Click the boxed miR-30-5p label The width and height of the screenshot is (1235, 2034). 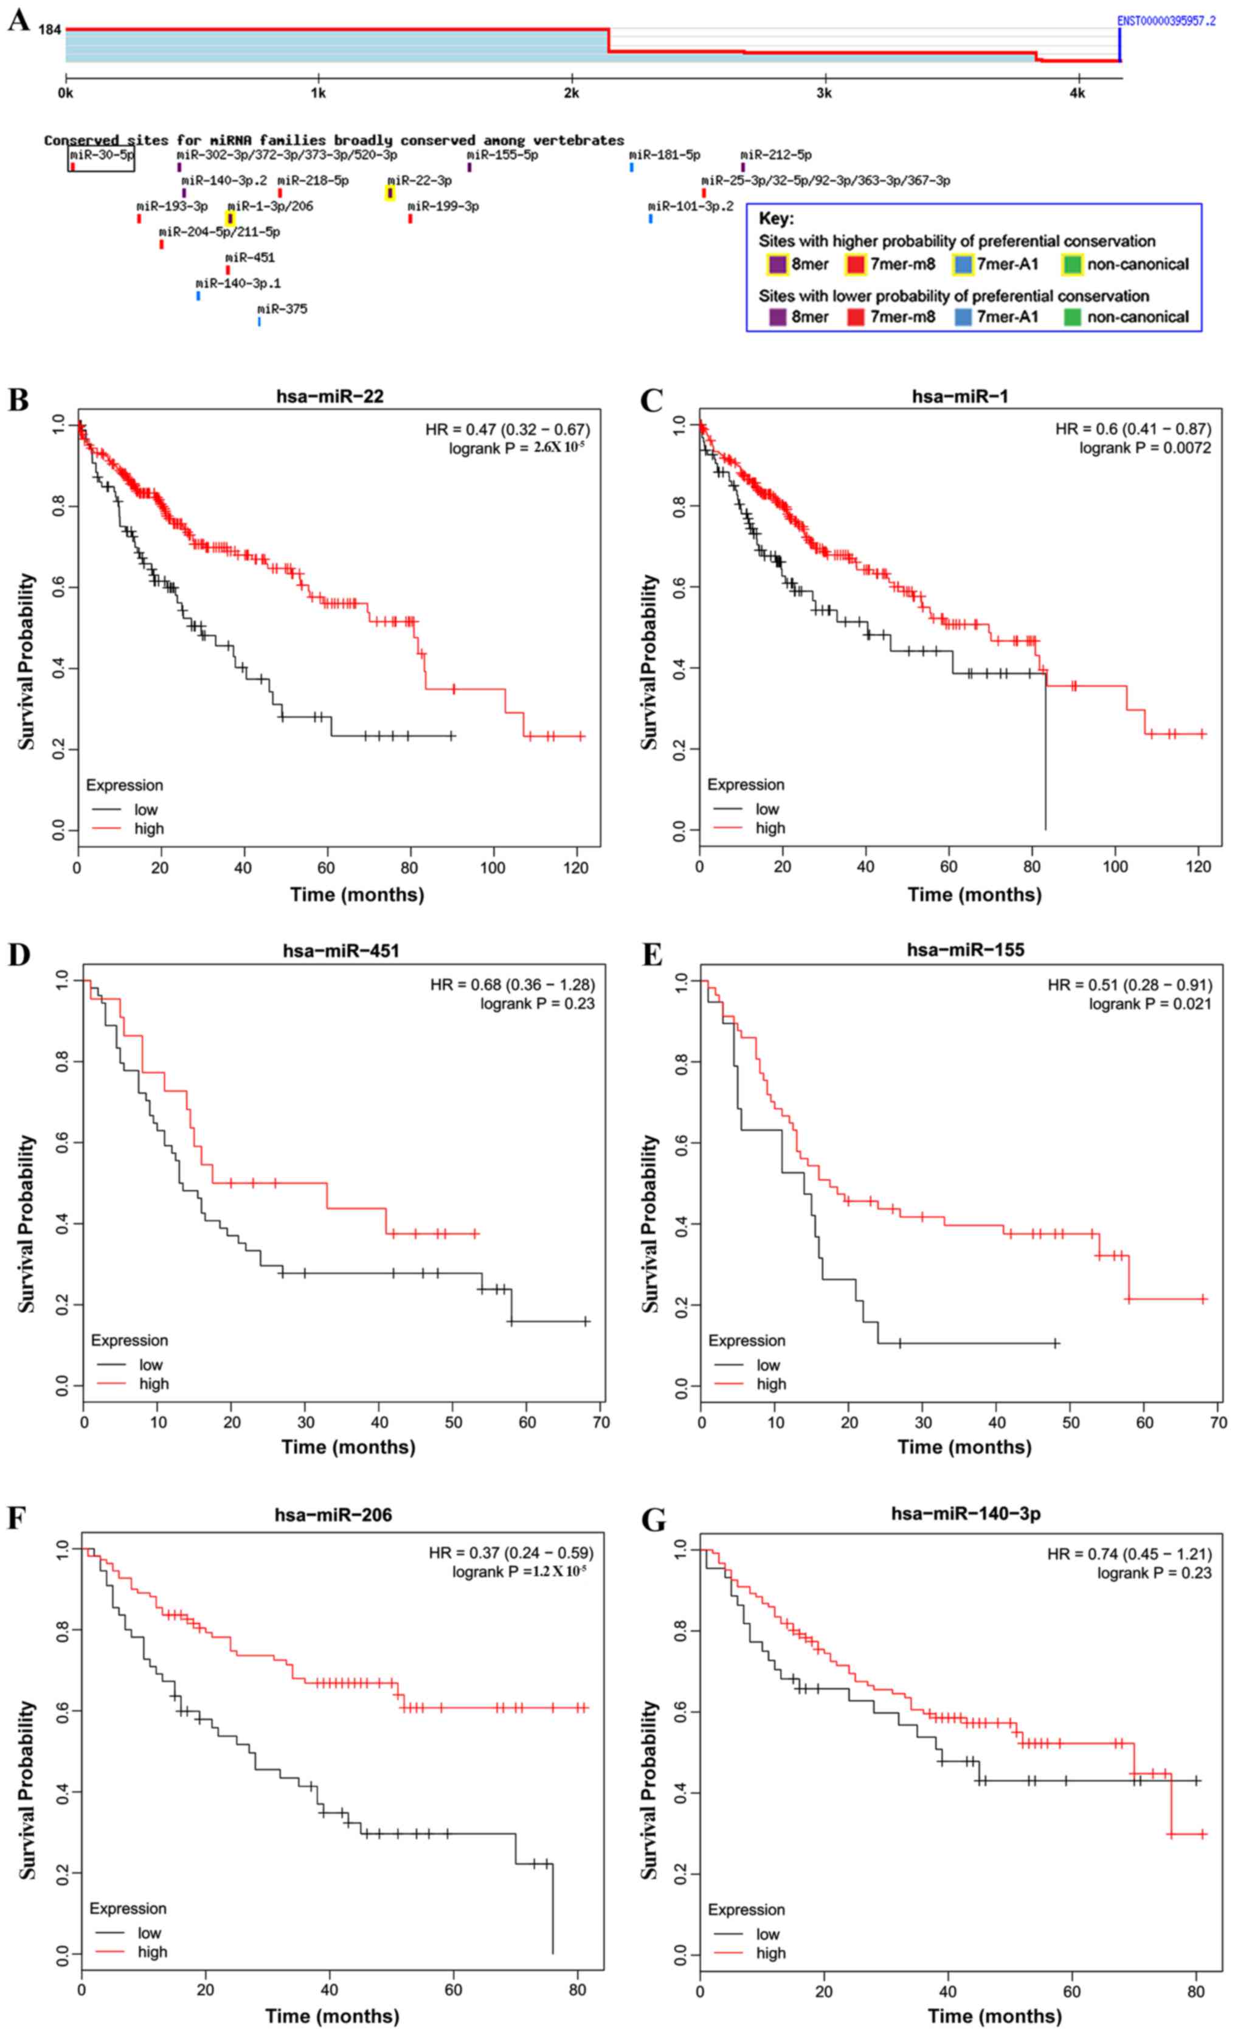101,154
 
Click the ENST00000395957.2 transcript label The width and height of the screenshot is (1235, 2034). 1166,21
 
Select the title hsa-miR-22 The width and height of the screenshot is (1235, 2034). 330,396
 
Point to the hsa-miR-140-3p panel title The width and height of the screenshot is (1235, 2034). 965,1513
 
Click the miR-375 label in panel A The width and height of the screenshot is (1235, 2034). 282,309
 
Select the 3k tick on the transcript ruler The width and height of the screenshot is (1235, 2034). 824,93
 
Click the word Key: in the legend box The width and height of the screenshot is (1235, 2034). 776,219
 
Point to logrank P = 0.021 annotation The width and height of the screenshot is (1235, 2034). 1149,1004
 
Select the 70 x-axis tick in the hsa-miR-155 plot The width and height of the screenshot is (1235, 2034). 1217,1422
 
